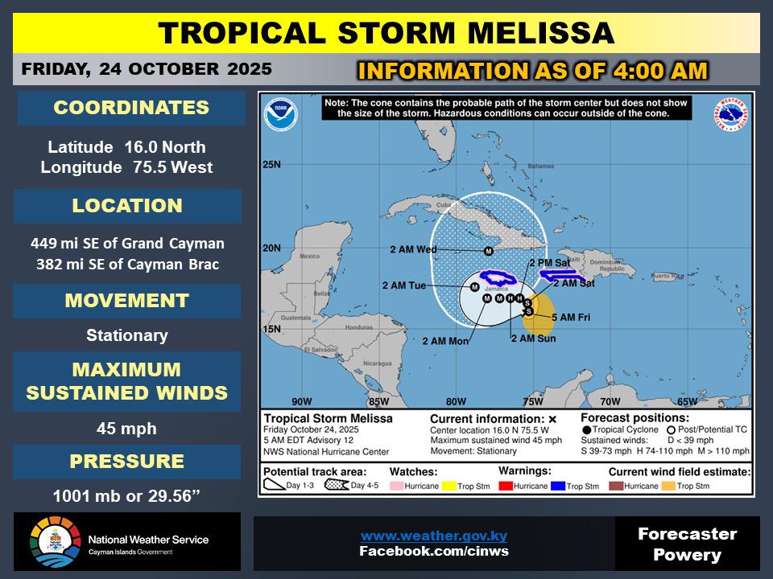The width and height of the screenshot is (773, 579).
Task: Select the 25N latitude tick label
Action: pos(272,166)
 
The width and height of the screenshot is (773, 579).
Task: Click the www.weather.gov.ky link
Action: pos(433,536)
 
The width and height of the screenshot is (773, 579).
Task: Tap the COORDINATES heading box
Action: pos(130,109)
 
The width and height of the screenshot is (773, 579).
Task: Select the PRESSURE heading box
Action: pos(126,462)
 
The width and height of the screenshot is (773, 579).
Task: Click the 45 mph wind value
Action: pos(126,429)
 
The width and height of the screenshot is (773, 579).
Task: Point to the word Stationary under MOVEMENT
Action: pos(127,335)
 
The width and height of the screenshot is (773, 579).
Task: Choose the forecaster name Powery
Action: pos(687,555)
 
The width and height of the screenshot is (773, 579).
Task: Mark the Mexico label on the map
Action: pos(310,257)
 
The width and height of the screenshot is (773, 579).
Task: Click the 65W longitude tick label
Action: pos(686,401)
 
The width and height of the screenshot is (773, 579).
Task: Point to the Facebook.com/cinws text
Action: pos(433,551)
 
